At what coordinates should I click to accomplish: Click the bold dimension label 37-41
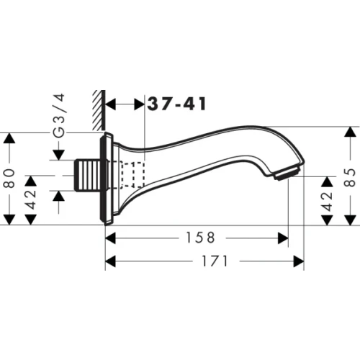[177, 104]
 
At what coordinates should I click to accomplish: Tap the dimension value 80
[9, 178]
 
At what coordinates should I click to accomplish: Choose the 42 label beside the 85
[326, 197]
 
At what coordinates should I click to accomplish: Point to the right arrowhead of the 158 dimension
[284, 237]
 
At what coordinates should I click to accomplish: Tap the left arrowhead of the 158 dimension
[111, 237]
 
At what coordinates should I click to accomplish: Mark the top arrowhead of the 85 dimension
[350, 132]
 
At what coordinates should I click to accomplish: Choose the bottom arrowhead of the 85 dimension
[350, 221]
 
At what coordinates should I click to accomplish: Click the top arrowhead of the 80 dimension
[9, 138]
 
